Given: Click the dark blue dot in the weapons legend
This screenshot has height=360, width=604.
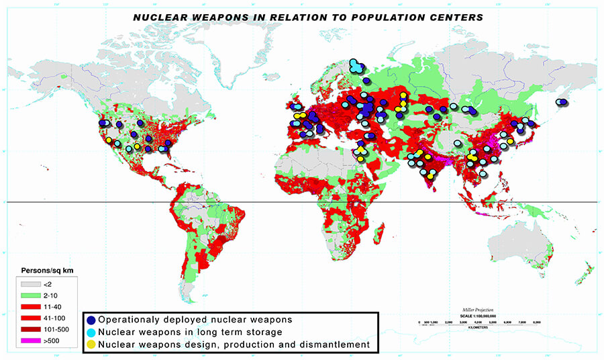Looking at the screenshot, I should pyautogui.click(x=91, y=320).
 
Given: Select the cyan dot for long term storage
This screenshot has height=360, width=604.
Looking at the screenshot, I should pyautogui.click(x=91, y=332).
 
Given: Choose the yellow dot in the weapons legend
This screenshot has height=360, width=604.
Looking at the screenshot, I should pyautogui.click(x=91, y=344).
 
